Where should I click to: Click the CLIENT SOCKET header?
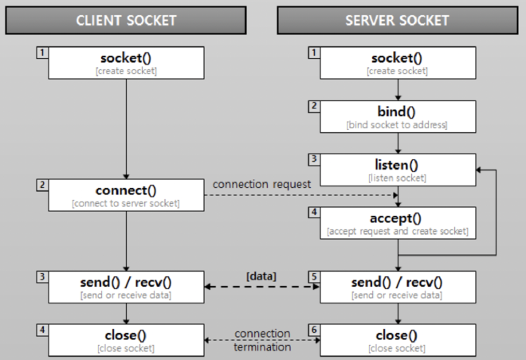click(127, 20)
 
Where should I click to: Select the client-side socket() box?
click(127, 63)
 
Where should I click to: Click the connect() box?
click(127, 196)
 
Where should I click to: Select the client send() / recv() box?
click(127, 287)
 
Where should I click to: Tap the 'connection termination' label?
click(262, 340)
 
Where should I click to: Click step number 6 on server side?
click(313, 329)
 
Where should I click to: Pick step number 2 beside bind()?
click(313, 105)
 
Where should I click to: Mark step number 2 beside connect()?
click(41, 185)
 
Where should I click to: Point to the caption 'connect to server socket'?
click(127, 204)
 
